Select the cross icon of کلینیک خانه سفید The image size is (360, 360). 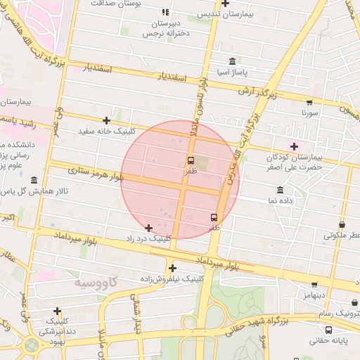tap(106, 121)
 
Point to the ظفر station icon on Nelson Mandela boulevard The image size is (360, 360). tap(191, 160)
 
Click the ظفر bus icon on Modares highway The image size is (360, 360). tap(214, 217)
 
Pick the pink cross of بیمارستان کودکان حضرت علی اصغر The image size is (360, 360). tap(294, 146)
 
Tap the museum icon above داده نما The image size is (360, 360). tap(281, 191)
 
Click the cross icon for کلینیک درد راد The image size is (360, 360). tap(148, 228)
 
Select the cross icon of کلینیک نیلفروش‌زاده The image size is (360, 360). tap(172, 268)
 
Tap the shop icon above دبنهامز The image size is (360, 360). tap(314, 285)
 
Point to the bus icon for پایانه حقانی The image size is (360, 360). tap(328, 330)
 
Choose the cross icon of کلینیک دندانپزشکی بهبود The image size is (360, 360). tap(57, 311)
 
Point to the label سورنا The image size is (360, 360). tap(310, 112)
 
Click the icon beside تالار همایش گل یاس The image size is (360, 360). tap(34, 180)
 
